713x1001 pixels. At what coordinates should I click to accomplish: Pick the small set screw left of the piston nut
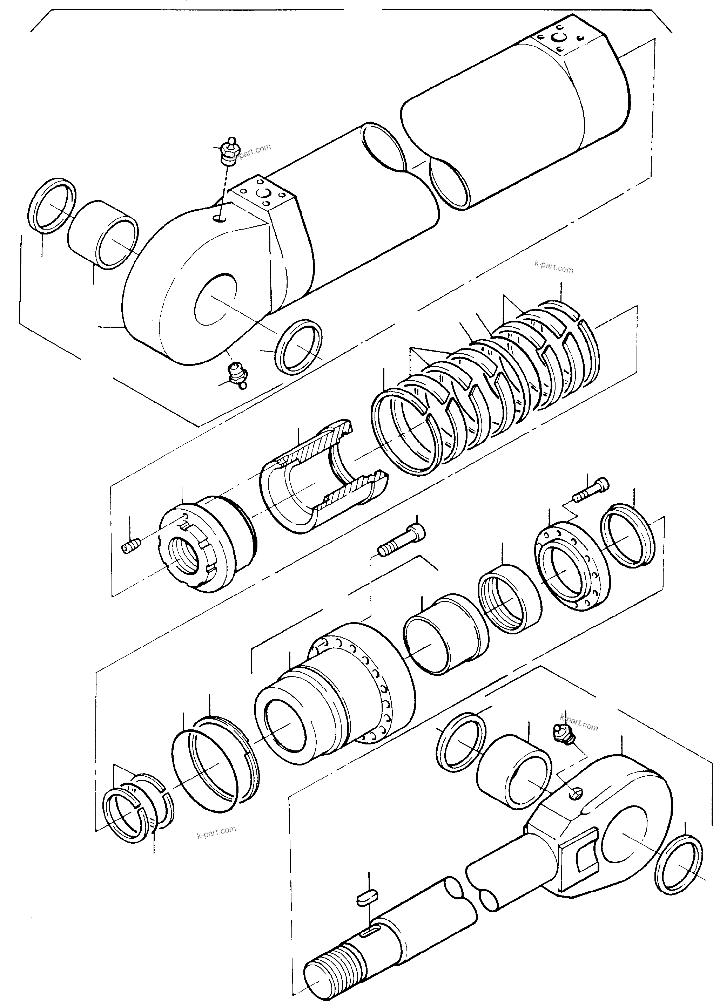(131, 546)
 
